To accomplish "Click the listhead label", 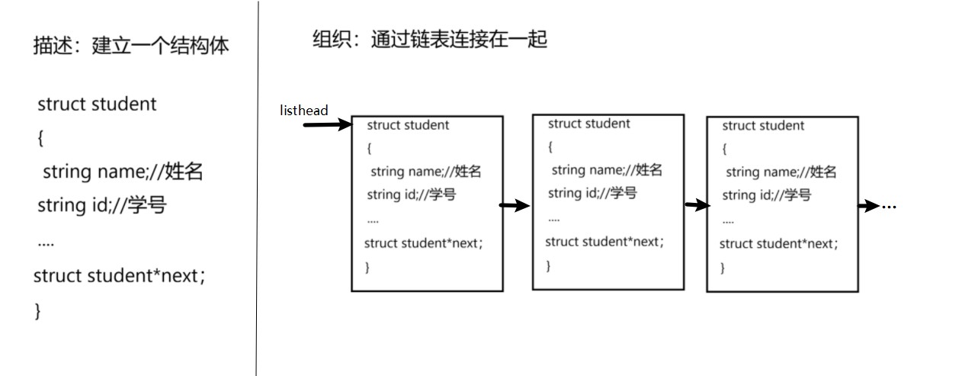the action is (x=303, y=111).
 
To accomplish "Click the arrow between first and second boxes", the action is (x=515, y=205).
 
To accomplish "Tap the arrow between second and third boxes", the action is (x=697, y=205).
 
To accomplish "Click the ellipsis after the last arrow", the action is (x=889, y=207).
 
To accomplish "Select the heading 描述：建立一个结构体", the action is (x=131, y=46).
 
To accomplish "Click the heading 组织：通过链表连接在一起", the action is (x=430, y=39).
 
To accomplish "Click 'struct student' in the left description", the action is (x=97, y=104).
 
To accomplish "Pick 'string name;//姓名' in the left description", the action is (x=123, y=172).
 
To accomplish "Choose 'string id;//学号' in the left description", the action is (x=101, y=205).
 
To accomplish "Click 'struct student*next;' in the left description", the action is (x=120, y=275).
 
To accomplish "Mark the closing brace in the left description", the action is (x=37, y=311).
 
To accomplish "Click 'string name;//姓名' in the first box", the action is (x=425, y=172).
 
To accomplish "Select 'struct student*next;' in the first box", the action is (x=424, y=243).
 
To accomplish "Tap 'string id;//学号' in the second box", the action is (x=592, y=193).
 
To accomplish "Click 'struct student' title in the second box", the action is (x=589, y=124).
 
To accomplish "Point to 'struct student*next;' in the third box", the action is (x=779, y=244).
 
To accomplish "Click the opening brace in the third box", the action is (x=725, y=149).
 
